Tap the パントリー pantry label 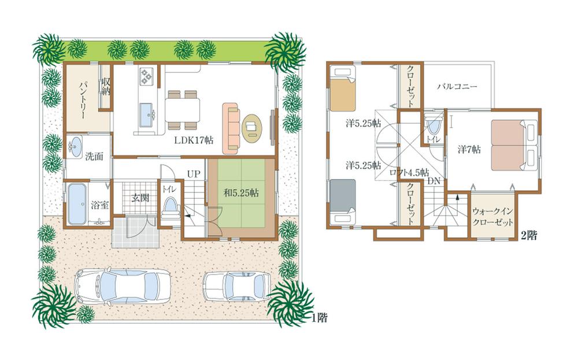(82, 99)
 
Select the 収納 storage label (106, 90)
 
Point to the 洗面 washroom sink (75, 146)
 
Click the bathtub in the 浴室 (75, 204)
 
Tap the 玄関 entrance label (140, 198)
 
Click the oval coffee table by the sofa (251, 128)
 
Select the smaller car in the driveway (237, 284)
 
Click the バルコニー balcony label (457, 86)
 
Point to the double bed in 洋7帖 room (513, 144)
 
